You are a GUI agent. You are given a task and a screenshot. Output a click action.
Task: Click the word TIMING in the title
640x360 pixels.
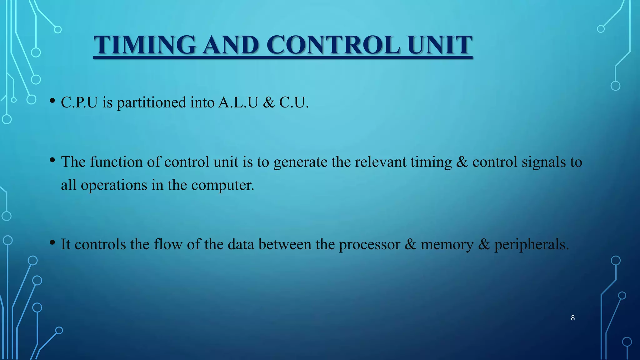point(145,45)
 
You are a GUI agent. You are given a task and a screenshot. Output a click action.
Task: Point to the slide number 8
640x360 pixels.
point(573,318)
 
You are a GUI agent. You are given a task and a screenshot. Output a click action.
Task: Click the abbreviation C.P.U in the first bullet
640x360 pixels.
point(79,102)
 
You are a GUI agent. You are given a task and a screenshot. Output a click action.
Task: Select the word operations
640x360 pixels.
point(114,185)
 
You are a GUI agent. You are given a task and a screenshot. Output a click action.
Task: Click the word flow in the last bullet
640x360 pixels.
point(168,244)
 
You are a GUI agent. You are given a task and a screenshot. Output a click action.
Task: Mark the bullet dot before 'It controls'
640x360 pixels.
point(52,242)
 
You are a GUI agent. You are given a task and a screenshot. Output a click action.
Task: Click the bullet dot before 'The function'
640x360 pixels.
point(52,160)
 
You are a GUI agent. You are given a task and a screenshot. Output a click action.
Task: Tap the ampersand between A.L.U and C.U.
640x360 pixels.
point(269,103)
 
